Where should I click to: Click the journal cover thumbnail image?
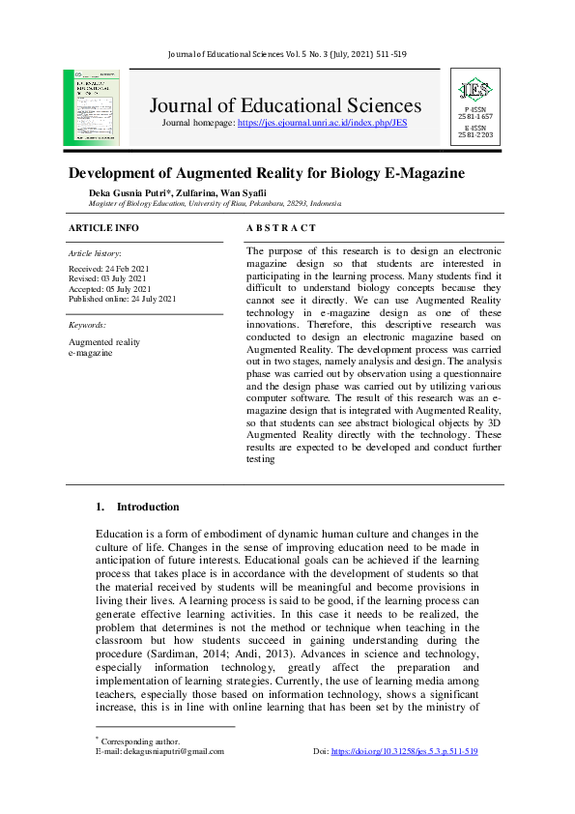pos(92,107)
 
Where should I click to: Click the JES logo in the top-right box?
pos(475,91)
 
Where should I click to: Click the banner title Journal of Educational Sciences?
pos(285,105)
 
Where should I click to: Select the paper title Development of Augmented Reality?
pos(266,174)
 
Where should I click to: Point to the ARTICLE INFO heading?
pos(103,228)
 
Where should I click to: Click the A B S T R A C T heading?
pos(281,228)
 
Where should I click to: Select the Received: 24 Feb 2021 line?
pos(108,268)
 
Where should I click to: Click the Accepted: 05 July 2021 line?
pos(109,289)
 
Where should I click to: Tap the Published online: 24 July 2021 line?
pos(122,300)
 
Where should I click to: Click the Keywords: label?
pos(88,325)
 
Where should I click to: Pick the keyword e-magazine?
pos(90,353)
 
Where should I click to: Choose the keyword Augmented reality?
pos(104,342)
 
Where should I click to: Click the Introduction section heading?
pos(147,507)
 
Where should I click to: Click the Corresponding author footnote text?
pos(140,741)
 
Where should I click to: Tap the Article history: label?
pos(94,252)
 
